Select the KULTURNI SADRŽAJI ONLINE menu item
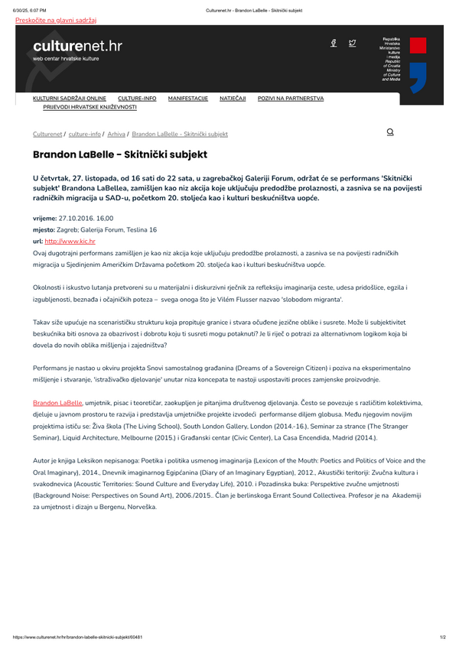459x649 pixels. [x=70, y=99]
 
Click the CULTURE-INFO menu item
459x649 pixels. [x=137, y=99]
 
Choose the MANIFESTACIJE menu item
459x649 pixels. [x=188, y=99]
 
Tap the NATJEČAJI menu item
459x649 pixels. [x=233, y=99]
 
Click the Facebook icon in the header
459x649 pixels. [x=334, y=44]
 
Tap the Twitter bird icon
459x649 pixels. [x=352, y=44]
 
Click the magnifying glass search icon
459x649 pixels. [x=390, y=132]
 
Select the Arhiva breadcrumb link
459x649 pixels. [x=116, y=134]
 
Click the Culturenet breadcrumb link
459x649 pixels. [x=47, y=134]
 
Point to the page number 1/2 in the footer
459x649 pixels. [x=443, y=637]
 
